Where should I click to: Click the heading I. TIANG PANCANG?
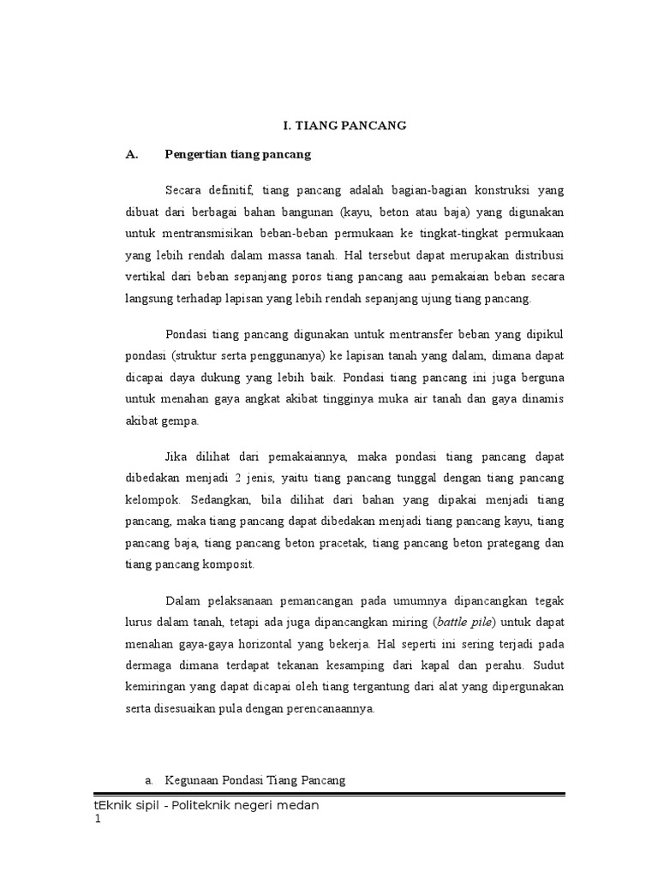[x=344, y=125]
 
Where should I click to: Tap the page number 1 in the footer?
[x=98, y=820]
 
